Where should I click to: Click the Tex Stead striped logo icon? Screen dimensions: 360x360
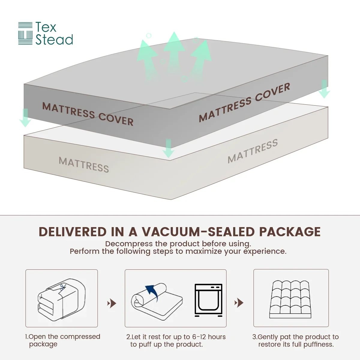[x=25, y=33]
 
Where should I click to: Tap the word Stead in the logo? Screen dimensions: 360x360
[x=54, y=40]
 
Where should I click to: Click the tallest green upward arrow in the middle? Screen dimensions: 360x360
[x=174, y=56]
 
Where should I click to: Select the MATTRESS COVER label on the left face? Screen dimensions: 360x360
[x=88, y=114]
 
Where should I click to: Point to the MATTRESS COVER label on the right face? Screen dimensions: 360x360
[x=244, y=102]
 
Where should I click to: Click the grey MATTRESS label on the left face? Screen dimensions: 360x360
[x=84, y=165]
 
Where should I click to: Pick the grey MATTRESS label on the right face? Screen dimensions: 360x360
[x=253, y=151]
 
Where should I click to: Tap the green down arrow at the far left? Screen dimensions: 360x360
[x=25, y=118]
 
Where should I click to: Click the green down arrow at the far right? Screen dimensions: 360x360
[x=324, y=89]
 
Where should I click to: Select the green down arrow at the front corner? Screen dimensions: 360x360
[x=168, y=148]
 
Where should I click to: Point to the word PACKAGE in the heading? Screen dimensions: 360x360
[x=290, y=232]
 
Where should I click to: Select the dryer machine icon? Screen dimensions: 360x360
[x=208, y=300]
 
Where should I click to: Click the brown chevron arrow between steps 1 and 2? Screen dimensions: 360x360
[x=112, y=303]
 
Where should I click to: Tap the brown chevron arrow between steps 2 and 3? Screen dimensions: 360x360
[x=239, y=303]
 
